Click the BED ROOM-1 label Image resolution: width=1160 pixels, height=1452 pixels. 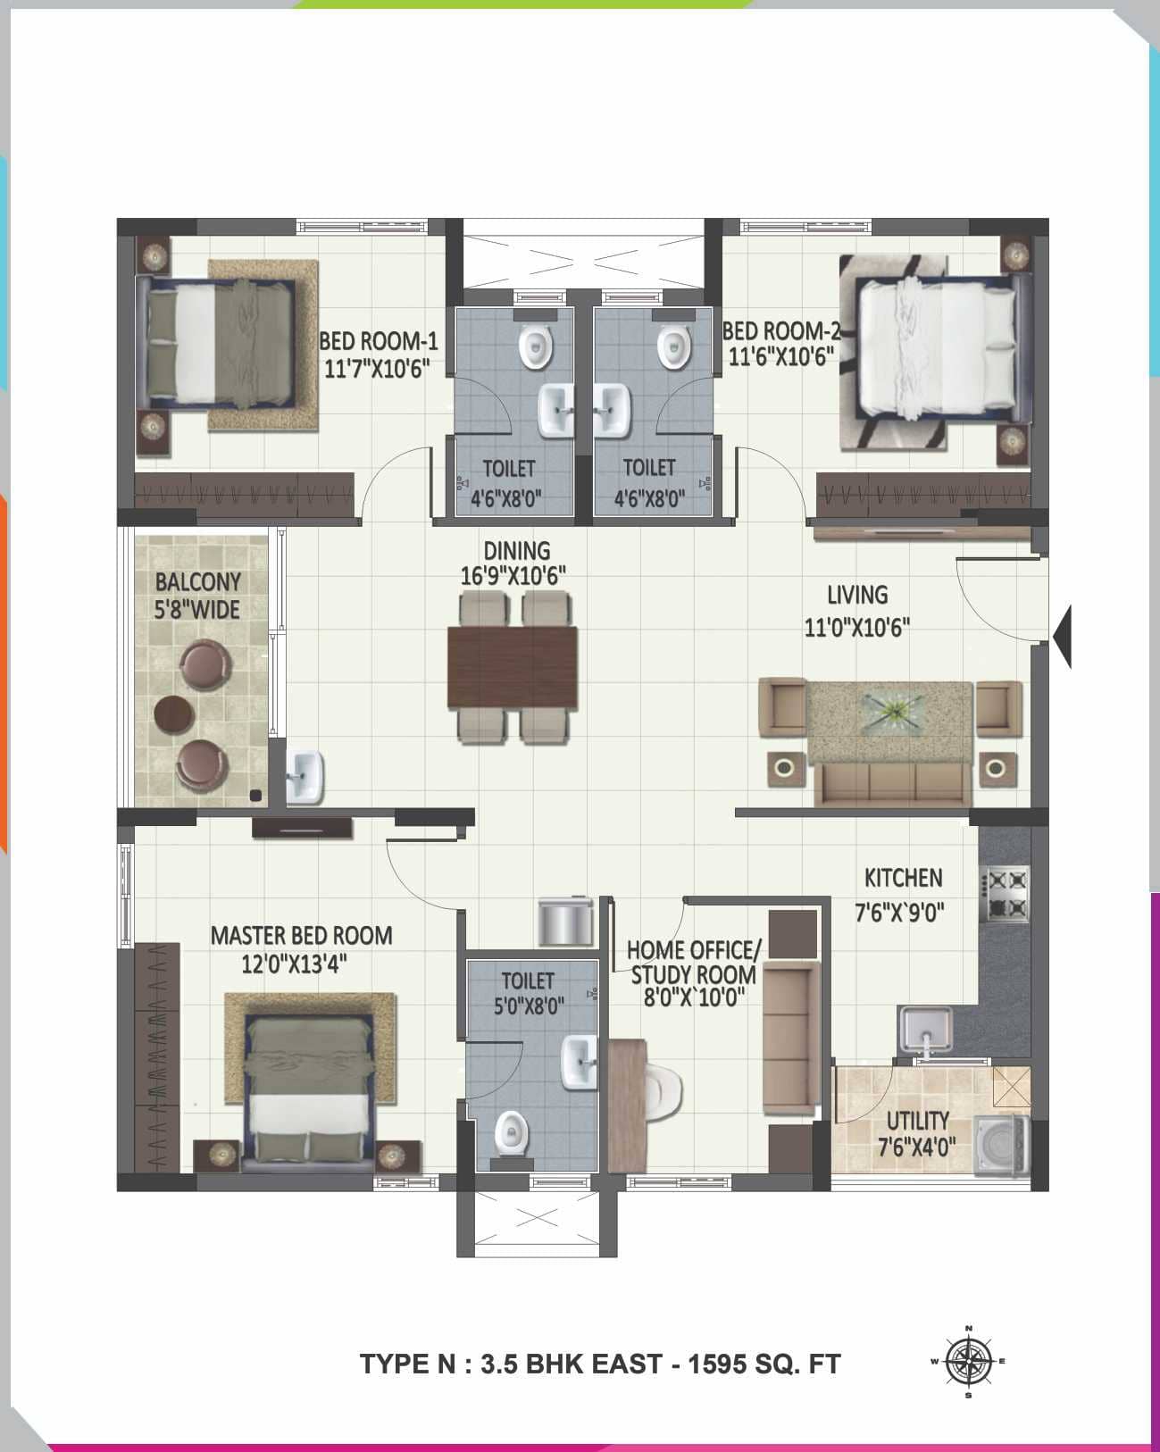(379, 341)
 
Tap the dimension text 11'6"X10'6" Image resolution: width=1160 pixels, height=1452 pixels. (781, 357)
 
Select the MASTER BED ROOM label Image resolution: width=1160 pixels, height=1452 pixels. (301, 935)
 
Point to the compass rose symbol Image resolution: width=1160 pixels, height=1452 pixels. (969, 1361)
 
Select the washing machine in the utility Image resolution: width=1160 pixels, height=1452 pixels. (1001, 1145)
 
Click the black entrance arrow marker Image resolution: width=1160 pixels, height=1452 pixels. (1062, 636)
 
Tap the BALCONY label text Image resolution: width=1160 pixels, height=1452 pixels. (198, 582)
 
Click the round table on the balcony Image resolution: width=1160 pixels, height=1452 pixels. (174, 713)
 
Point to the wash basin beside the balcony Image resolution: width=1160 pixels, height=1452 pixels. (305, 777)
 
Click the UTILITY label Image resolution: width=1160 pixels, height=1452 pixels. (917, 1120)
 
